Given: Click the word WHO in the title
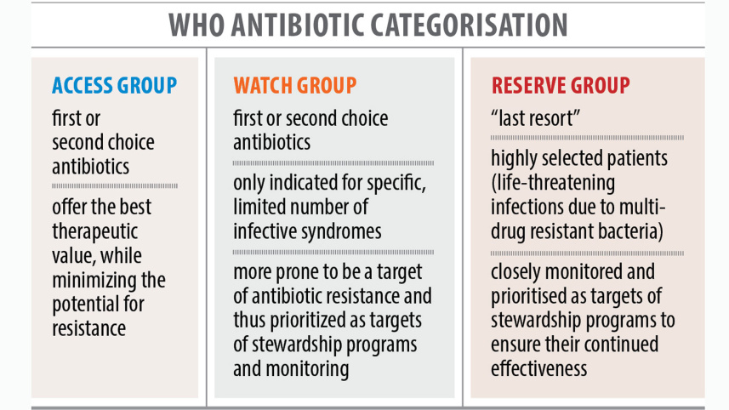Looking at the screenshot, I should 198,24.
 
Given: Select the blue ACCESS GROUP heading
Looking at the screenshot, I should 114,85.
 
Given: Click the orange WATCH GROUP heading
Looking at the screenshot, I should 294,85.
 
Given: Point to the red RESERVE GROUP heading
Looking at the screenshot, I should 560,85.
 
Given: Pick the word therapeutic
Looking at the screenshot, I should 94,232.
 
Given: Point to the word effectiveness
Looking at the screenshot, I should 538,368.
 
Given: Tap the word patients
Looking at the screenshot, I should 631,158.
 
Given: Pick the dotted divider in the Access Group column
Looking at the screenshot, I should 114,185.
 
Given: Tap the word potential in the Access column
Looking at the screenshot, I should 85,304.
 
